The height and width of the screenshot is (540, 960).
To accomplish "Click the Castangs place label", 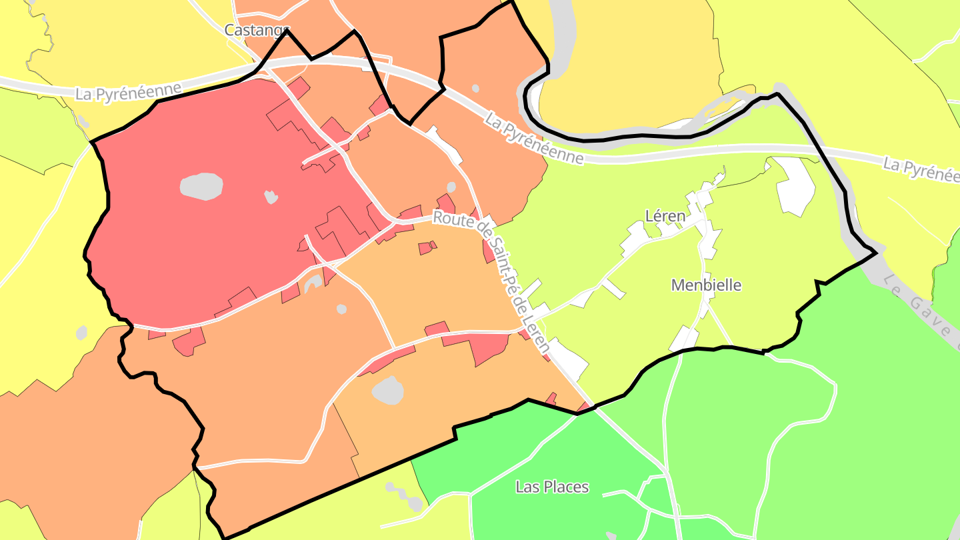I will click(257, 30).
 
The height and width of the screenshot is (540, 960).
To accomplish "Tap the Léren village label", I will click(665, 216).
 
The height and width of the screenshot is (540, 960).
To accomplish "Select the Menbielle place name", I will click(706, 285).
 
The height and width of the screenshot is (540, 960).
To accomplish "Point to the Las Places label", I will click(552, 487).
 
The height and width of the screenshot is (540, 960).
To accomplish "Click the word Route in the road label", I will click(453, 218).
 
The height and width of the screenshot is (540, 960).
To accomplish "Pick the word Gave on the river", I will click(930, 314).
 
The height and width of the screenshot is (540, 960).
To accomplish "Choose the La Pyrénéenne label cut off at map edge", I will click(921, 169).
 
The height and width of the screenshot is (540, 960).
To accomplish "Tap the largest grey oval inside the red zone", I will click(201, 186).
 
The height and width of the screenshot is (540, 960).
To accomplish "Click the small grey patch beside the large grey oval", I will click(270, 197).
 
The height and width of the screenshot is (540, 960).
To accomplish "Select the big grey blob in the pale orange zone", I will click(388, 390).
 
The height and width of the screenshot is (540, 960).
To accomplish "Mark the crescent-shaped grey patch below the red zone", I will click(312, 285).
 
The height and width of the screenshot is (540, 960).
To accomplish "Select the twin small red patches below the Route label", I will click(427, 248).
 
